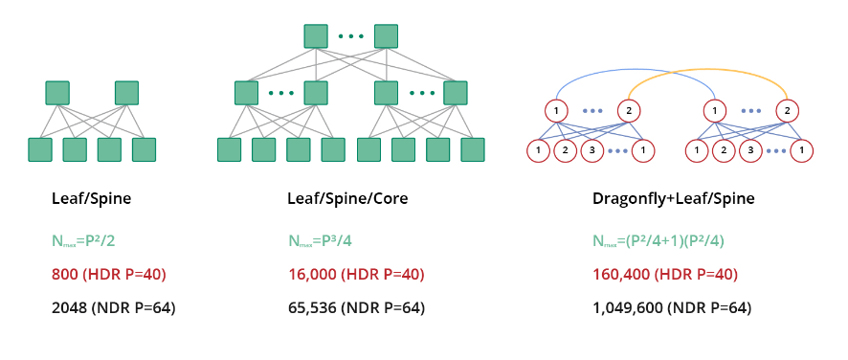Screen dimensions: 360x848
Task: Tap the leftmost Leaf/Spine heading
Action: click(x=91, y=199)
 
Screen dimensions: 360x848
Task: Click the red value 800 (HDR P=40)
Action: click(x=109, y=275)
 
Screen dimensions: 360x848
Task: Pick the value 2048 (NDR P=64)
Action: click(x=114, y=308)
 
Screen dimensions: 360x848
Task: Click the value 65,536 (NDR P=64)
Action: click(x=356, y=308)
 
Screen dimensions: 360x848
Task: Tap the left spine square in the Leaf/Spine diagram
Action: click(x=57, y=93)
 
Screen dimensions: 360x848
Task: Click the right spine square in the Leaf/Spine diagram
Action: click(x=126, y=93)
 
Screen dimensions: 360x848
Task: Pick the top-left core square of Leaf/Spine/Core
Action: click(x=316, y=36)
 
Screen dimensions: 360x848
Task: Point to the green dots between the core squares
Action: click(x=351, y=36)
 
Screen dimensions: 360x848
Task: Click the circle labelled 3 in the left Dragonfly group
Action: click(x=591, y=150)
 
